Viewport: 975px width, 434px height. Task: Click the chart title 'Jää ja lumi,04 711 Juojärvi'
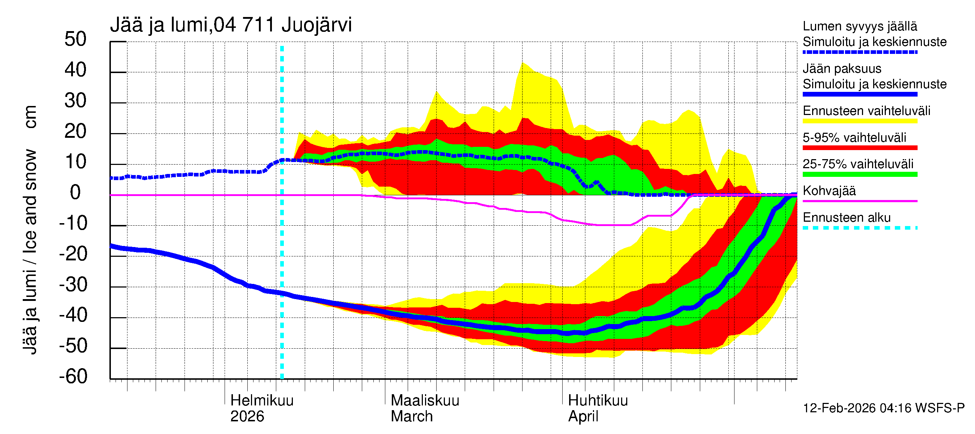[x=231, y=25]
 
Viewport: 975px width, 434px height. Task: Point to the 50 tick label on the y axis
[x=75, y=39]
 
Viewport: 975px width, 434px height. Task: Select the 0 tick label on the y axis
[x=75, y=193]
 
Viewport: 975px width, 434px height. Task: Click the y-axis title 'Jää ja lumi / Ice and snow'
[x=30, y=252]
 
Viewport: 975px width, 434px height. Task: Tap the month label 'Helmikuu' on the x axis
[x=262, y=401]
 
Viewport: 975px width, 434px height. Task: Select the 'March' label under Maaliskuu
[x=411, y=417]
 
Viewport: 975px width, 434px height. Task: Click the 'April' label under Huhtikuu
[x=583, y=417]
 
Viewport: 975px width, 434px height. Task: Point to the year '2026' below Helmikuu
[x=247, y=417]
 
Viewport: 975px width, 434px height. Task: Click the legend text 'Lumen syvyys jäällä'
[x=860, y=26]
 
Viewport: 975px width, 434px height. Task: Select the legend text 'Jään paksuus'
[x=842, y=69]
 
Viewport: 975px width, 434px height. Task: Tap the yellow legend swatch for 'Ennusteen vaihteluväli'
[x=860, y=121]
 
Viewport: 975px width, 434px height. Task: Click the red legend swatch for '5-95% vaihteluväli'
[x=860, y=148]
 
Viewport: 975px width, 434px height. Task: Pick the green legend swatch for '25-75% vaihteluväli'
[x=860, y=174]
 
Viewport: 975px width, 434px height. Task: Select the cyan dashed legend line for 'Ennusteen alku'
[x=860, y=228]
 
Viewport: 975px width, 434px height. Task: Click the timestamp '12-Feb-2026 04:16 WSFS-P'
[x=883, y=408]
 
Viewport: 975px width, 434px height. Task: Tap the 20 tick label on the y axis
[x=75, y=132]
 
